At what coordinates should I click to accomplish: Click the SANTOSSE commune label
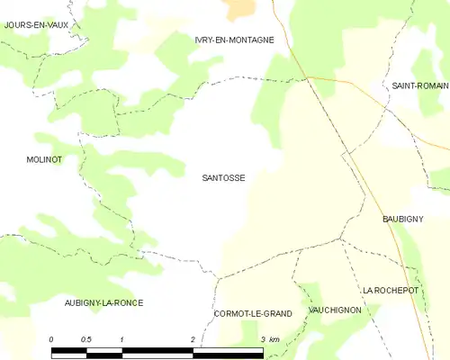point(223,178)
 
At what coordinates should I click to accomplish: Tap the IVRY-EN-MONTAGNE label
point(234,40)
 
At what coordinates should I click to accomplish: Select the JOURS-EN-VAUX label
point(36,25)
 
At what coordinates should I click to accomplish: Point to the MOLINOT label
point(44,158)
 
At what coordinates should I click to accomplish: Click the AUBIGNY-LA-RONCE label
point(103,302)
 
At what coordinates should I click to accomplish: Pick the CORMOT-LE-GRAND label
point(253,313)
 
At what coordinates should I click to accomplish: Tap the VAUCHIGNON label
point(335,310)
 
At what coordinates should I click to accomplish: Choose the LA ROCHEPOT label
point(392,291)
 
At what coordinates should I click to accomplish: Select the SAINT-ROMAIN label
point(420,85)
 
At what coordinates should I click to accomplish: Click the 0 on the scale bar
point(51,339)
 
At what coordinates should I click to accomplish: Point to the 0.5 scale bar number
point(85,339)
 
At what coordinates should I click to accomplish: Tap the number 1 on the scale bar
point(121,339)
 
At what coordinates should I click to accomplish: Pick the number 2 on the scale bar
point(193,339)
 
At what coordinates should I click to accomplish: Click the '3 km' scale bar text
point(269,339)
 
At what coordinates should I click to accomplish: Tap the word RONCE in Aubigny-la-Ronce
point(127,302)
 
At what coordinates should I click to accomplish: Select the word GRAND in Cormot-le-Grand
point(275,313)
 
